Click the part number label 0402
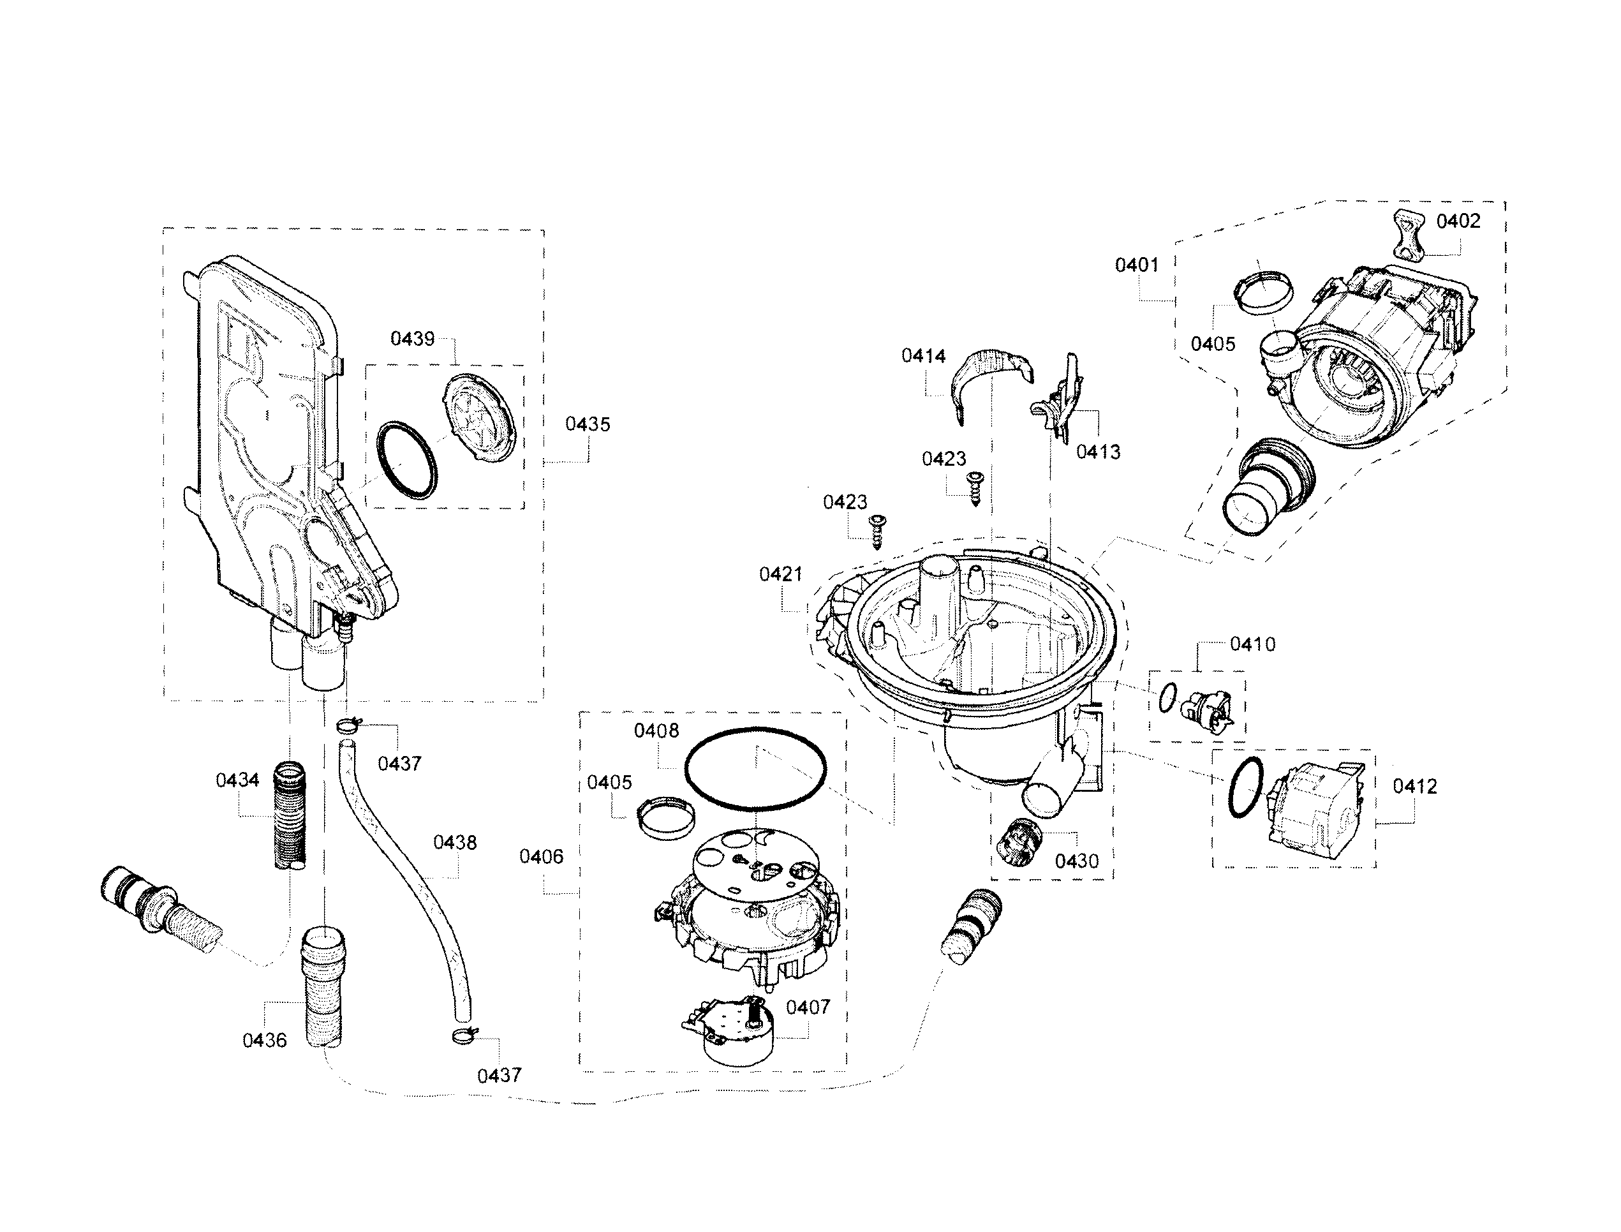tap(1458, 221)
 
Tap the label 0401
tap(1136, 265)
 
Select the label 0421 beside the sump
tap(780, 574)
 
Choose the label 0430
tap(1076, 861)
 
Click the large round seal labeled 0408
tap(755, 769)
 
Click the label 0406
tap(541, 857)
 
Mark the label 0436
tap(265, 1040)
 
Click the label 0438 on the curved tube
tap(455, 843)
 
